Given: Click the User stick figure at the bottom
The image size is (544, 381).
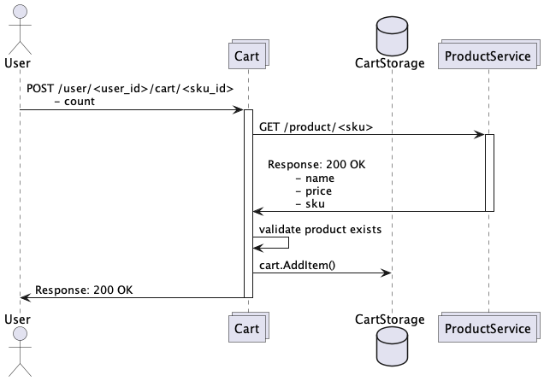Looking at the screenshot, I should pyautogui.click(x=19, y=352).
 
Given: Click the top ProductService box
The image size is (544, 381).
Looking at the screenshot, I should pyautogui.click(x=488, y=56).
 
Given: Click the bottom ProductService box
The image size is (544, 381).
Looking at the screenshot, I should pyautogui.click(x=488, y=328).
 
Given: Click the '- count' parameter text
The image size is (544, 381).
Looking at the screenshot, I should pyautogui.click(x=74, y=101).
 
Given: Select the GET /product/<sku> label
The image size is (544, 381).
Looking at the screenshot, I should pyautogui.click(x=316, y=126).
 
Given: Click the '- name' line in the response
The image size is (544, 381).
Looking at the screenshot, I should pyautogui.click(x=314, y=179).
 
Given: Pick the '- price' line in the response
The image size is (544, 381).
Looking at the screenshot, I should pyautogui.click(x=313, y=191).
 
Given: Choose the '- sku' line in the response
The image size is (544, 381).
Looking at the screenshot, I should pyautogui.click(x=310, y=204).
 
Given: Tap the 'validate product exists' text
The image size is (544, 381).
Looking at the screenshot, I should pyautogui.click(x=320, y=229).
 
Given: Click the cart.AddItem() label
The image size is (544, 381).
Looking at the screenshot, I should pyautogui.click(x=297, y=265).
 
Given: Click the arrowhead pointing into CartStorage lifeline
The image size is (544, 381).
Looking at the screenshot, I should pyautogui.click(x=387, y=273).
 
